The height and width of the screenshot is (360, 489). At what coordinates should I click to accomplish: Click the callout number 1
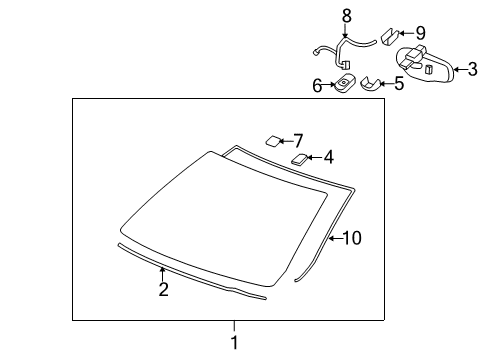coord(235,343)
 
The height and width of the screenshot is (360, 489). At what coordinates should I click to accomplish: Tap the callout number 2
coord(163,290)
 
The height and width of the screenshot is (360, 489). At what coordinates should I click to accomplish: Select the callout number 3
coord(474,69)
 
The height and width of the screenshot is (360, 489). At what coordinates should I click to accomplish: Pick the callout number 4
coord(327,157)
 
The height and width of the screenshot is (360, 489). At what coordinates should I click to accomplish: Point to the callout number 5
coord(398,83)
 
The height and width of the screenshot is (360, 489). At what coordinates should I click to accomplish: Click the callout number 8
coord(347,15)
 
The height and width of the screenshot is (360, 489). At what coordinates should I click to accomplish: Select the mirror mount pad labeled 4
coord(299,157)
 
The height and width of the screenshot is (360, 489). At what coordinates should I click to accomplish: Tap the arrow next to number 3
coord(459,69)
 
